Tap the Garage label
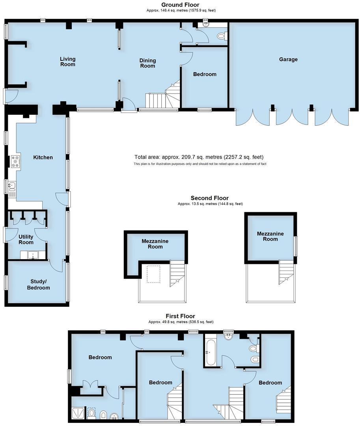[288, 60]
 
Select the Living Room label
[67, 62]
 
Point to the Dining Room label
[147, 63]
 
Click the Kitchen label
[43, 157]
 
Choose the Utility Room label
[26, 239]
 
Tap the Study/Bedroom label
[38, 284]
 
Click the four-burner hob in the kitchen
[16, 162]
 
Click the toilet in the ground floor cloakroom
[221, 36]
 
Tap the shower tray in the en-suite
[77, 413]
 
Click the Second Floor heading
[209, 198]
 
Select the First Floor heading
[181, 316]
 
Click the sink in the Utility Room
[33, 255]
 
